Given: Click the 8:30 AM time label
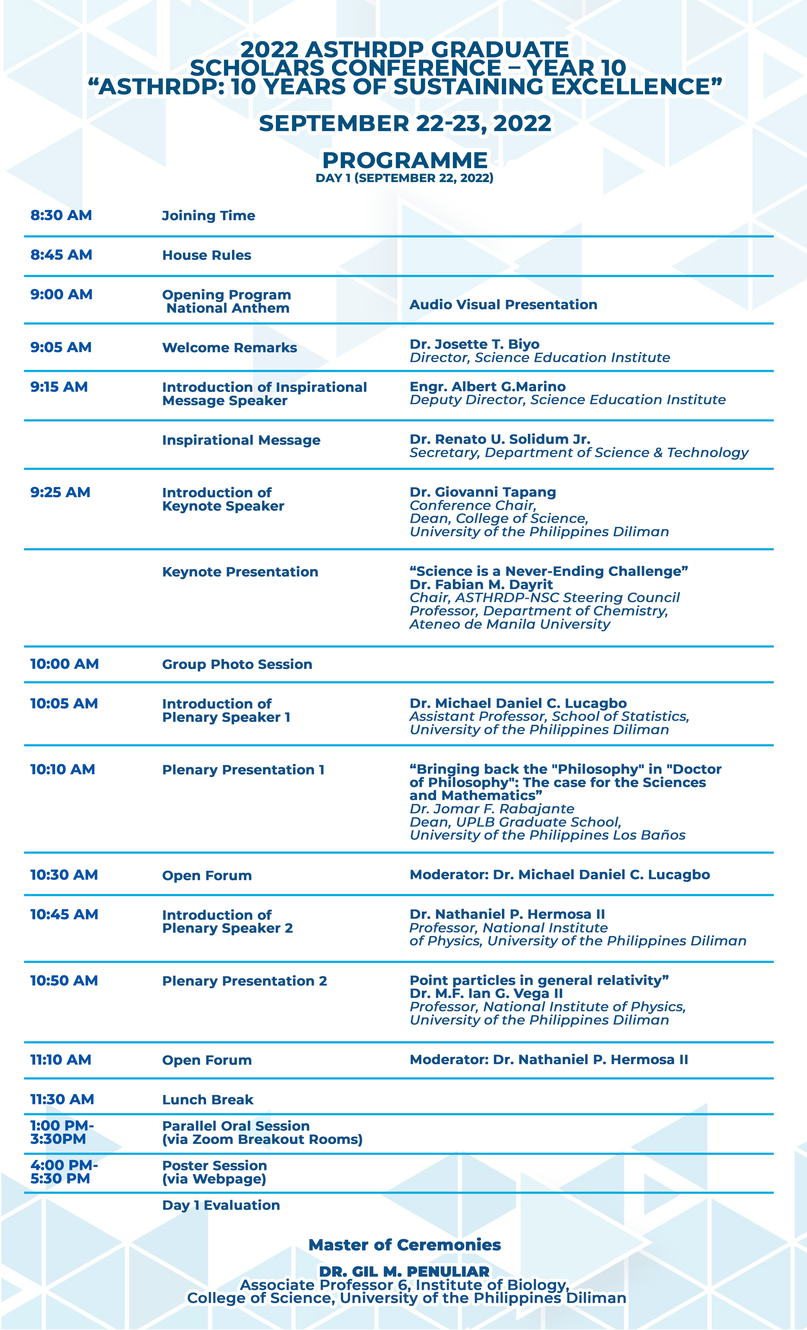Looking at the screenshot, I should (x=61, y=215).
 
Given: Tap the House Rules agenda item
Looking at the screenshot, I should (x=207, y=255).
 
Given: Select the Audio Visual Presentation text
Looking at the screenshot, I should (x=503, y=304).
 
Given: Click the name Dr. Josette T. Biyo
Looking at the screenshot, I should (x=474, y=345).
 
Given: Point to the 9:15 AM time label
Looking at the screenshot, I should (x=59, y=387).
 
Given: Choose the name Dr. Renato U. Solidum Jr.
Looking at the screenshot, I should (x=499, y=440).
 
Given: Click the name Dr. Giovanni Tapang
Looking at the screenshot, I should (x=482, y=492).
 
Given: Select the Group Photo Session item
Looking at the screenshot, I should (x=237, y=664).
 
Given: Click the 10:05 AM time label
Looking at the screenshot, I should (x=64, y=704).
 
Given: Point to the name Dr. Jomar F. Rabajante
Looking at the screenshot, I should (x=491, y=808).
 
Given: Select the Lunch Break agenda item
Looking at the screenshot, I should (x=208, y=1099).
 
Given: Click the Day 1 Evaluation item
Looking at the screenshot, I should (x=221, y=1205).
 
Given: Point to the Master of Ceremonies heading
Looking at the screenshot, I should (x=404, y=1245).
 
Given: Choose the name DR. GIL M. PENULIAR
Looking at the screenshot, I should (x=404, y=1272).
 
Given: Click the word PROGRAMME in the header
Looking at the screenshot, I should (x=404, y=161).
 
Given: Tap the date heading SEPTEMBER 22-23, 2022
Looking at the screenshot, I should (x=404, y=123).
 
